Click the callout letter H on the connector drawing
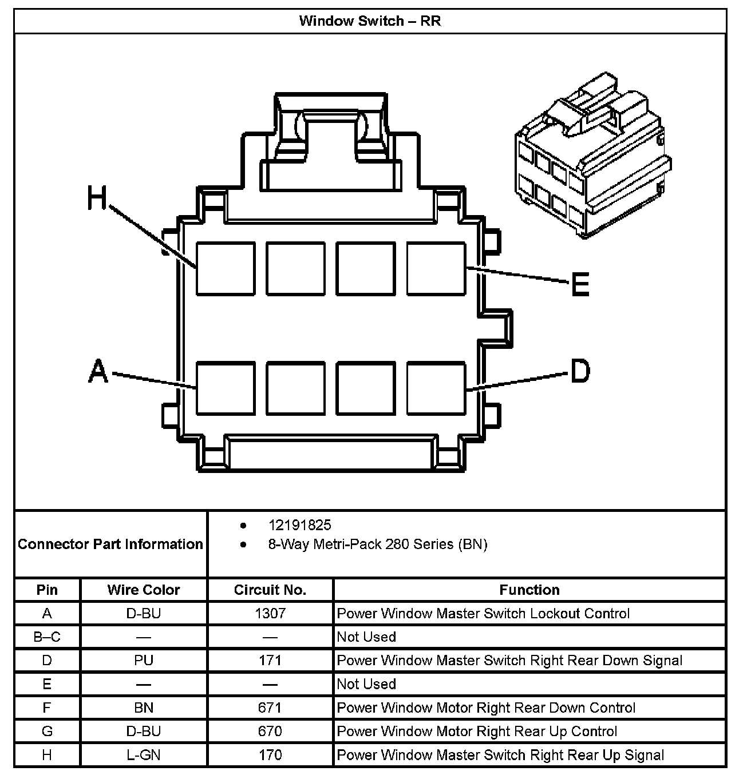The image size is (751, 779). (x=97, y=198)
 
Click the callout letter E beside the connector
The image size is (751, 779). (x=580, y=284)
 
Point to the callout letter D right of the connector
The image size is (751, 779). (x=580, y=371)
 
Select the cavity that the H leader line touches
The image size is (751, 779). (x=226, y=269)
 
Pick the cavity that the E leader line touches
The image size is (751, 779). (x=436, y=269)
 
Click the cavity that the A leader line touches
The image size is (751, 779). (x=226, y=388)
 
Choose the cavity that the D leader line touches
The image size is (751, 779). (x=436, y=388)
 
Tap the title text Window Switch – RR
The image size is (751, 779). (x=370, y=22)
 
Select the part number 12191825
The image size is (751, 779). (x=300, y=525)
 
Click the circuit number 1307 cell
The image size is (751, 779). (x=270, y=614)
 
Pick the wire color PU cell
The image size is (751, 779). (x=144, y=661)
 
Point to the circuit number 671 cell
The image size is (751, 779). (x=270, y=708)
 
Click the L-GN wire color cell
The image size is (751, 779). (x=144, y=755)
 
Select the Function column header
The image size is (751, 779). (x=529, y=590)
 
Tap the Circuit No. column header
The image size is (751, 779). (x=270, y=590)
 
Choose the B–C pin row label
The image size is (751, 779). (x=47, y=637)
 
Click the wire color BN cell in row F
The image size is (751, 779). (x=144, y=708)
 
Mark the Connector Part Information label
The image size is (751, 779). (x=110, y=544)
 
